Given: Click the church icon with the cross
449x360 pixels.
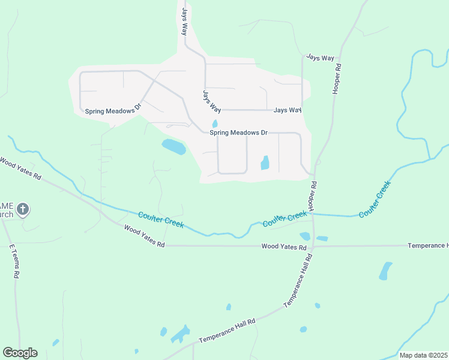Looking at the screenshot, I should click(23, 209).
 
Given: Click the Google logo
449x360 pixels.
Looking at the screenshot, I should click(20, 353).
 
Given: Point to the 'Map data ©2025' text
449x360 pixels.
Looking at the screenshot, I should click(423, 355).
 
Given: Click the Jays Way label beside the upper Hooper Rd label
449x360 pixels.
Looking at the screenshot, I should click(320, 58).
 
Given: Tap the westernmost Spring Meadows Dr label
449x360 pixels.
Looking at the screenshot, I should click(112, 110).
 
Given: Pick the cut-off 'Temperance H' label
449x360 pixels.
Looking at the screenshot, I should click(427, 246).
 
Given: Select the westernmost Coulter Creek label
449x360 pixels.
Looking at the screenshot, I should click(160, 220).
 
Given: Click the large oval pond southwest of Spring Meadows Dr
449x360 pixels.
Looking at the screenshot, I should click(173, 146).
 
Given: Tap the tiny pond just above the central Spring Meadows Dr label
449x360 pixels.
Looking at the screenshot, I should click(214, 124).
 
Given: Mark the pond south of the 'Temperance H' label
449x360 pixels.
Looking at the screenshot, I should click(385, 271).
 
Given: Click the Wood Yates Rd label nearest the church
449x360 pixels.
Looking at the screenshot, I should click(21, 168).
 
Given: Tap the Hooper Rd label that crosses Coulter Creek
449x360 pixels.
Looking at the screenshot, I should click(312, 195).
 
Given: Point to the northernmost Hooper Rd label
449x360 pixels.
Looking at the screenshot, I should click(337, 79).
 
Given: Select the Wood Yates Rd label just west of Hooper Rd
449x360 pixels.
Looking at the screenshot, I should click(284, 247).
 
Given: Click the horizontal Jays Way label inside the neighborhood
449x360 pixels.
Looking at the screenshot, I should click(287, 110).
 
